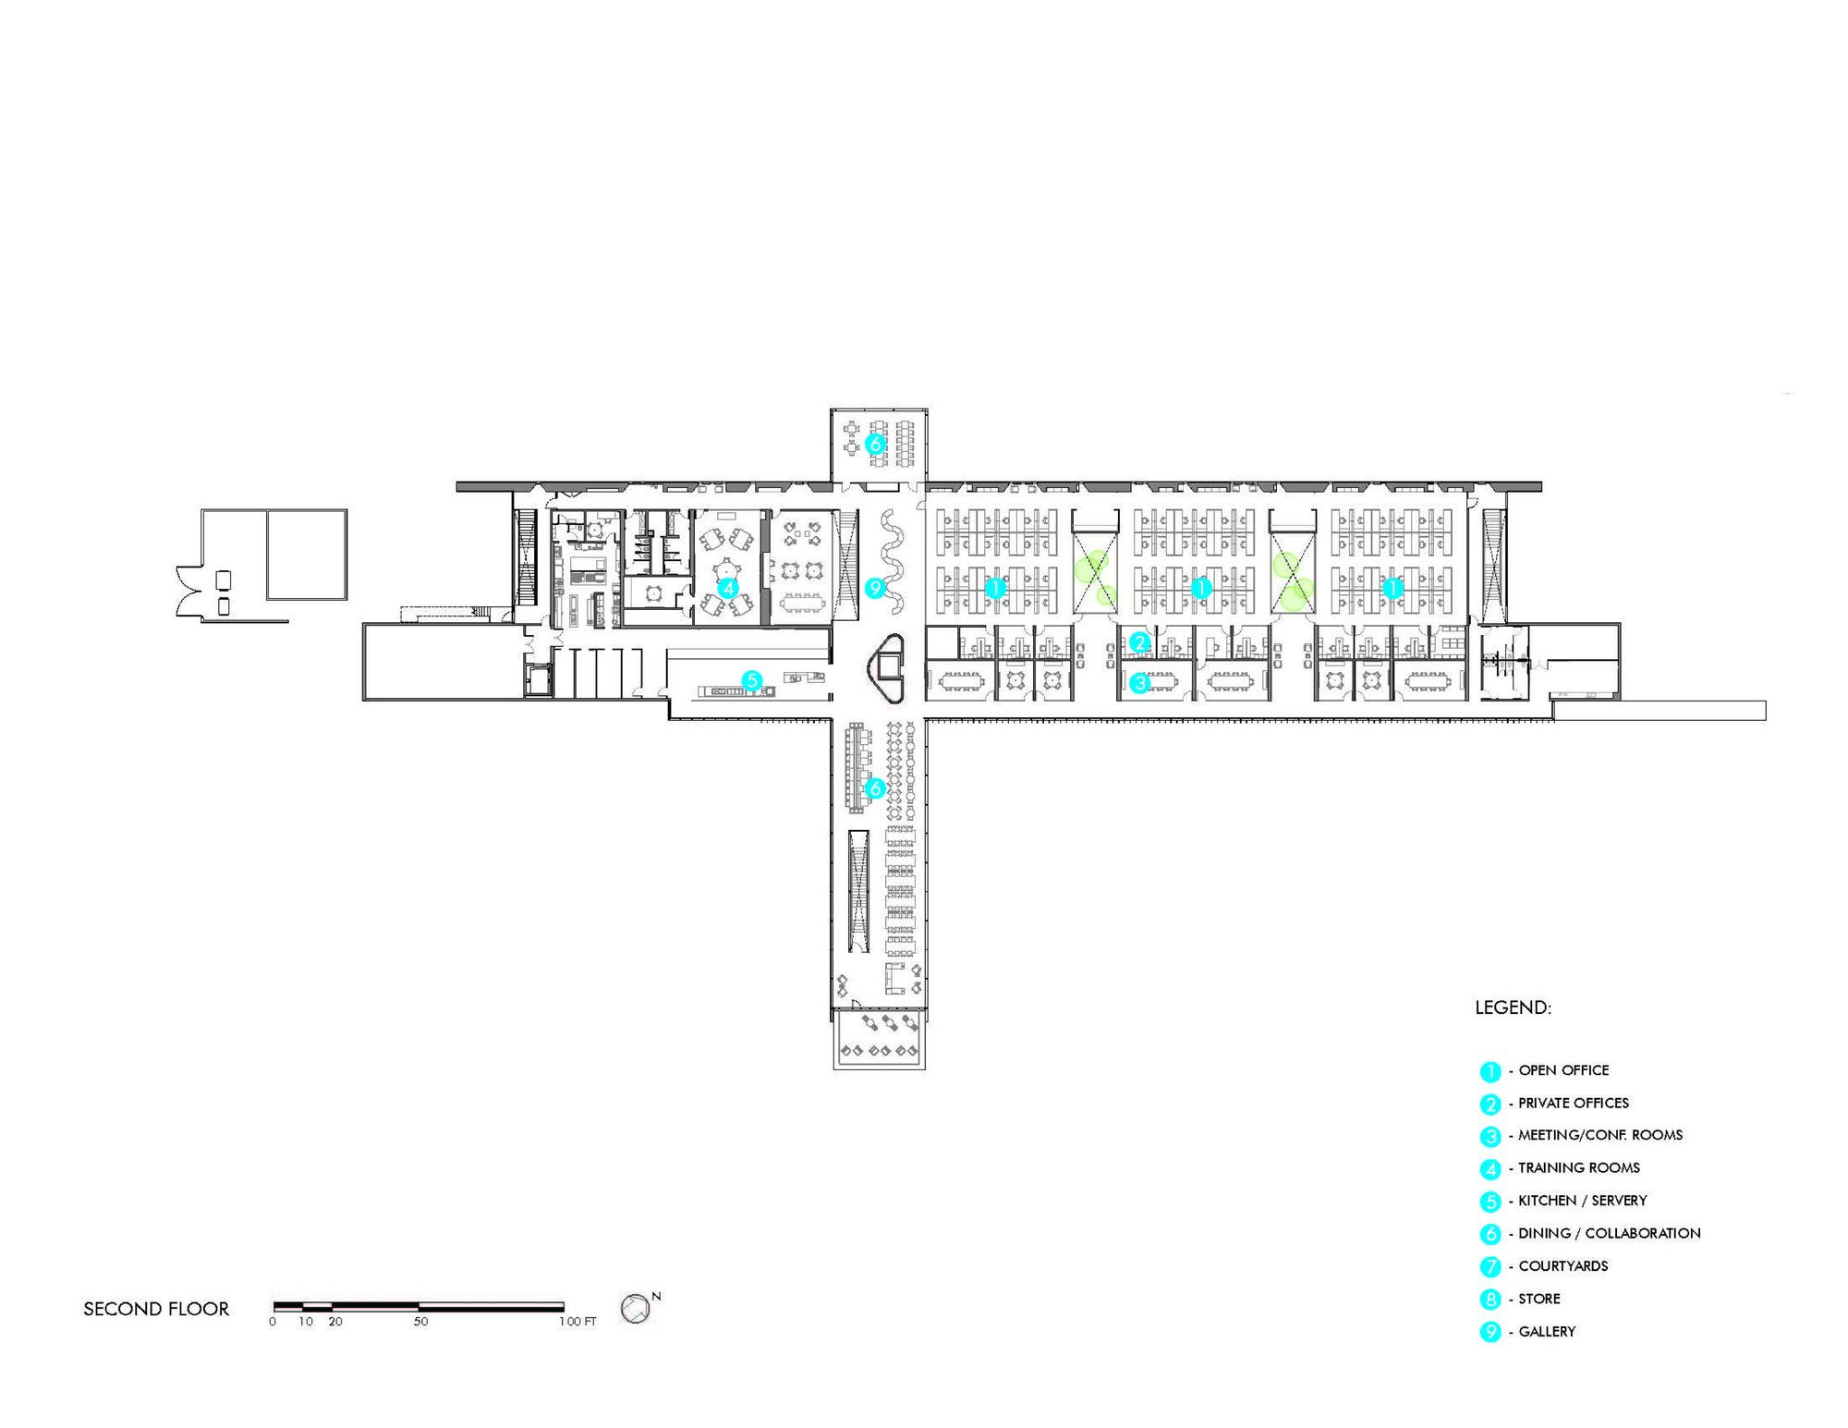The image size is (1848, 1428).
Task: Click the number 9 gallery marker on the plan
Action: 874,588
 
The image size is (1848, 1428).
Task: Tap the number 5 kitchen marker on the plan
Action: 751,681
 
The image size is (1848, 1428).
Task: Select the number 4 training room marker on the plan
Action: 727,587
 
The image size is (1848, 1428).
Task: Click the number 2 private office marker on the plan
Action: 1139,642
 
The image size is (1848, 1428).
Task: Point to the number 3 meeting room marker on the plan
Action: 1139,683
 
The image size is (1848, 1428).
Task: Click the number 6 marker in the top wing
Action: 874,444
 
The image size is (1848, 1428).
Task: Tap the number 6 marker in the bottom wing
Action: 874,788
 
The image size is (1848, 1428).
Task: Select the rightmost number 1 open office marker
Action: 1392,587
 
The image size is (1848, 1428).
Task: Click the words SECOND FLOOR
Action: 156,1309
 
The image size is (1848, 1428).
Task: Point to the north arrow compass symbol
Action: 636,1308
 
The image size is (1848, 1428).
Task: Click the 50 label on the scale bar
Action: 420,1322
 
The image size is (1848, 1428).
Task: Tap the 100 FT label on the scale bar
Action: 577,1322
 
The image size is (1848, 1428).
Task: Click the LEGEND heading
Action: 1513,1007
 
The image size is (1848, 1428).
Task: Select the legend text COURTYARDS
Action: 1562,1266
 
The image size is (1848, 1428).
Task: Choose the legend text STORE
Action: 1538,1299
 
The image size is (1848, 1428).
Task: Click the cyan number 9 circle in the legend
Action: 1489,1332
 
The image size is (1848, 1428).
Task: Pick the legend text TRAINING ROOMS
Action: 1578,1168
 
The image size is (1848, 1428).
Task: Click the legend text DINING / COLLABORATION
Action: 1609,1233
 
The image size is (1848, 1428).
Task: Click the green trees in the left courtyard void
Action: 1096,578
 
